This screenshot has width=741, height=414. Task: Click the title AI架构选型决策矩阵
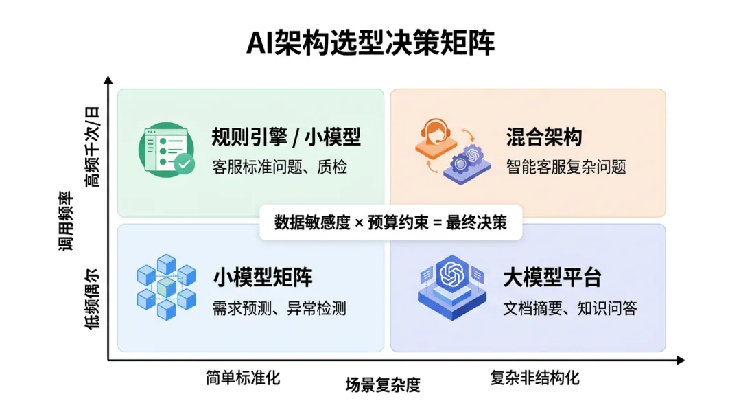370,43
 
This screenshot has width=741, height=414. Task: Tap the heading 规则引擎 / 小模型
286,137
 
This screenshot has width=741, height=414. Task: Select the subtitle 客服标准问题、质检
280,166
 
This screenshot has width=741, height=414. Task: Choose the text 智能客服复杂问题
566,166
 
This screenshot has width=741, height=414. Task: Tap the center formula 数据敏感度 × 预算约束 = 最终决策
390,222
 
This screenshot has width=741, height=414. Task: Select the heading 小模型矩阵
263,278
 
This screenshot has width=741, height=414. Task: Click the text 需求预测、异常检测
280,308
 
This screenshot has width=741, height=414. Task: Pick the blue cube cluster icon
167,287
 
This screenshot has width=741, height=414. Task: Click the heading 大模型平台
552,278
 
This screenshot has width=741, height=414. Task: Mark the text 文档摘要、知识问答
570,308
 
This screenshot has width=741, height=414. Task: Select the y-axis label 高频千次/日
91,147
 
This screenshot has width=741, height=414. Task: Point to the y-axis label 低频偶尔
91,297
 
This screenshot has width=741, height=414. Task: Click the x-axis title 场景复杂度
382,385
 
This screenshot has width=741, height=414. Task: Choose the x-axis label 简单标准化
243,378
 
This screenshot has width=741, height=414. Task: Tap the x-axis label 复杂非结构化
534,378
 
